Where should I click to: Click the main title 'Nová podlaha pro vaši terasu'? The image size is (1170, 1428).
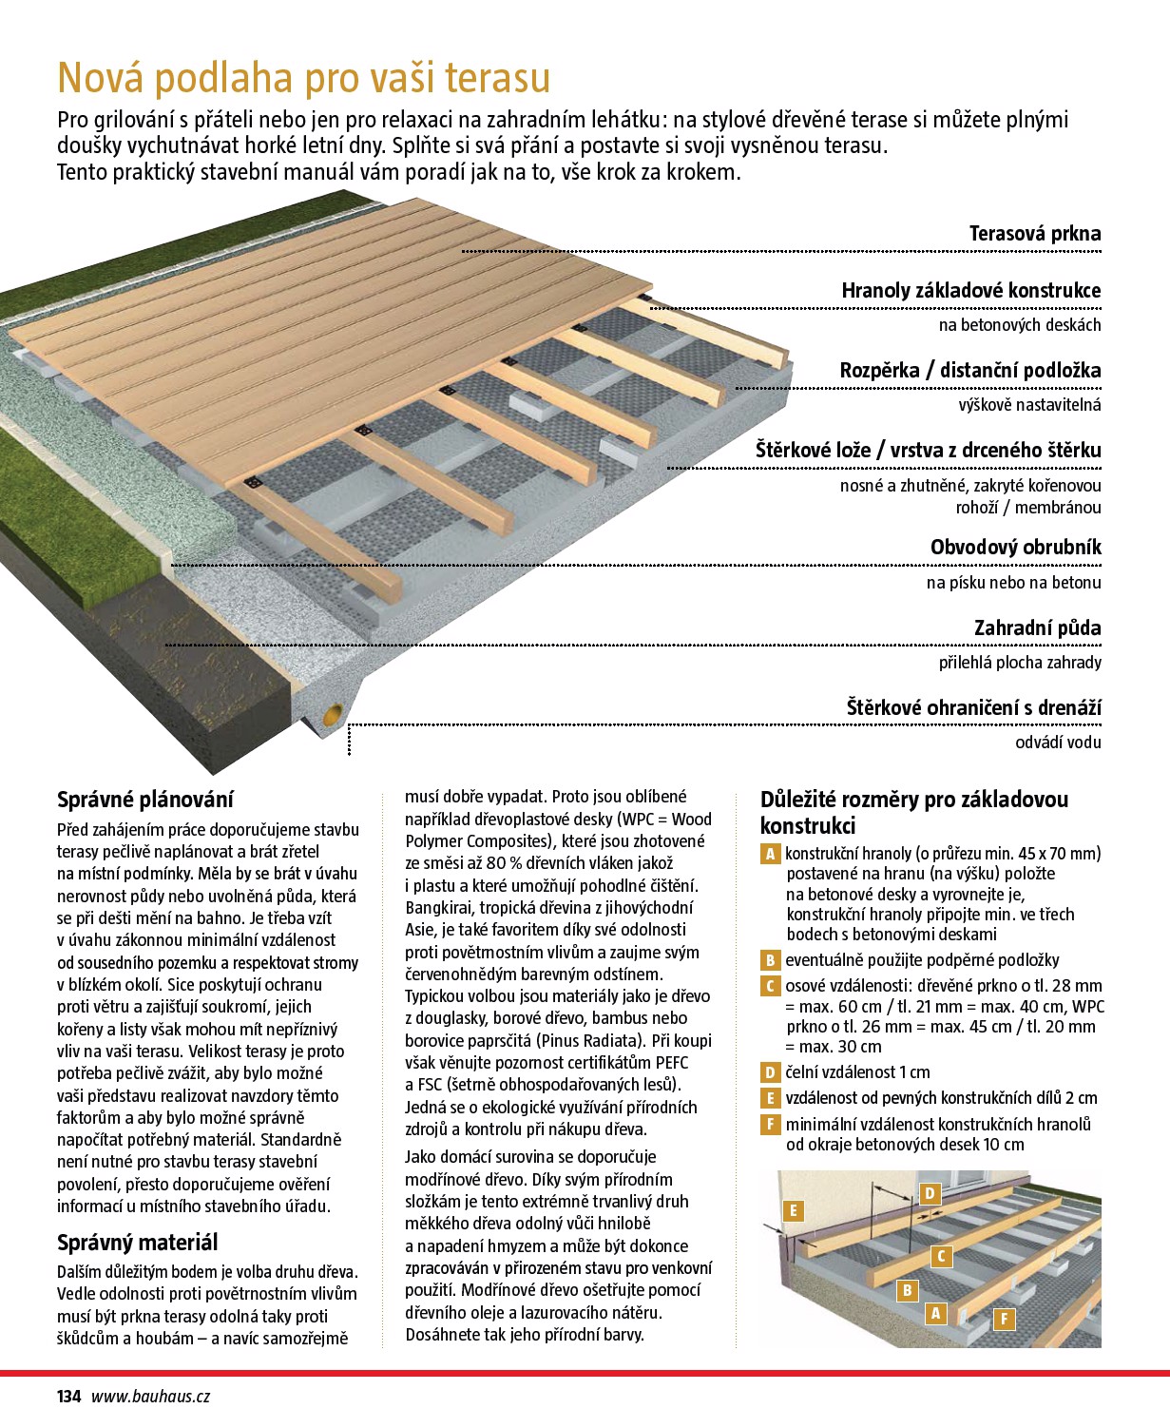click(303, 77)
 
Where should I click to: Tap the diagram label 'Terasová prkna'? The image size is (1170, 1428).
click(1034, 234)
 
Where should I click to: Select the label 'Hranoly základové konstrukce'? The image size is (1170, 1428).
click(970, 291)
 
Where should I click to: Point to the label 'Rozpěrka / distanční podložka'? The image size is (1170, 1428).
click(969, 371)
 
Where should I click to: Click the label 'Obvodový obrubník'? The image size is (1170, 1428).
click(1015, 548)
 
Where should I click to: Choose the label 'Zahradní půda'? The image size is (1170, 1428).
click(1037, 628)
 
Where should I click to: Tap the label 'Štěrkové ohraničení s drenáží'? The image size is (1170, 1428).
click(973, 708)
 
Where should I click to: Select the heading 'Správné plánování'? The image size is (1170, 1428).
click(144, 800)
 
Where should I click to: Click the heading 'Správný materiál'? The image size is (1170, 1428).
click(137, 1243)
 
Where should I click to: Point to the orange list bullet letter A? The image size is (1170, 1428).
click(770, 854)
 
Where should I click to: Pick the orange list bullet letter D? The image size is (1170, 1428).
click(770, 1072)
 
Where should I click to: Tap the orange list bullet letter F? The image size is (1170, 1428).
click(770, 1125)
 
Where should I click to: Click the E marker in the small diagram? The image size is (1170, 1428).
click(792, 1210)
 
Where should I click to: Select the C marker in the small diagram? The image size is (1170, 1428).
click(941, 1256)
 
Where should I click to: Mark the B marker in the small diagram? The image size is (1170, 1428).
click(908, 1290)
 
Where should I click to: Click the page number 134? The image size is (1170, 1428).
click(68, 1397)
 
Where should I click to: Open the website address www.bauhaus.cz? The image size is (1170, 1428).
click(150, 1397)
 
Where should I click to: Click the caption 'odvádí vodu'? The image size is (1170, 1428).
click(1058, 743)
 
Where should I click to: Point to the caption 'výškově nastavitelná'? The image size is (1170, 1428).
click(1029, 405)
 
